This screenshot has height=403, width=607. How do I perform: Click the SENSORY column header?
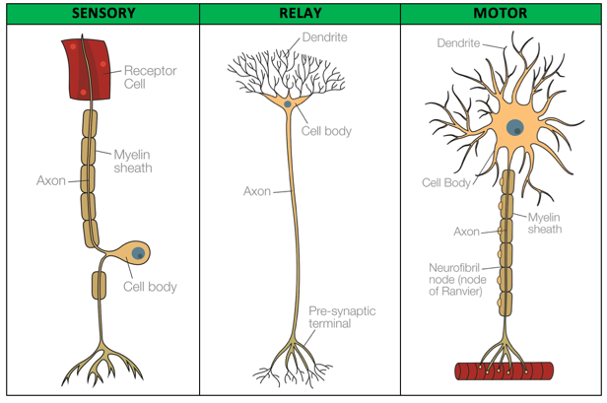[103, 13]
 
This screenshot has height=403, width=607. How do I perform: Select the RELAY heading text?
[301, 13]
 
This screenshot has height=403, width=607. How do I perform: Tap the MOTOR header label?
[501, 13]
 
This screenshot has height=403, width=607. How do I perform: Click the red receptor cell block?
[86, 69]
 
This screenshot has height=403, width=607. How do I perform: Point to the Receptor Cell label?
[150, 77]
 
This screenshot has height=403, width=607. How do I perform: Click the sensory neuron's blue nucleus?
[138, 253]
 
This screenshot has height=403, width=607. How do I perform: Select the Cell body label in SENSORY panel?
[150, 287]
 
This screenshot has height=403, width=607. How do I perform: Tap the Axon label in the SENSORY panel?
[51, 180]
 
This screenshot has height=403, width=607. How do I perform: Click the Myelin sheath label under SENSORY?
[133, 161]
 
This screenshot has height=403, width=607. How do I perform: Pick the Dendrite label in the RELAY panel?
[325, 37]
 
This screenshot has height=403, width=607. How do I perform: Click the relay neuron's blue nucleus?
[288, 103]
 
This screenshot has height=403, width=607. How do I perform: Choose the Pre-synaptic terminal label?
[342, 317]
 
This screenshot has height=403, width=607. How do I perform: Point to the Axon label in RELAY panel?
[257, 191]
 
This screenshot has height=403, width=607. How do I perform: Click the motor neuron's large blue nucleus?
[514, 127]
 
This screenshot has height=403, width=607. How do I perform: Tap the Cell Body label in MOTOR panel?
[446, 182]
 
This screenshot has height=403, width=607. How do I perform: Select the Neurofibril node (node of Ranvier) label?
[457, 279]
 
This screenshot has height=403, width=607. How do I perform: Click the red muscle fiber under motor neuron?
[505, 370]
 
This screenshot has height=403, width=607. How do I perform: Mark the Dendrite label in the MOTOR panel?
[458, 43]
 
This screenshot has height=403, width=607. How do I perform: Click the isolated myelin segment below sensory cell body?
[99, 286]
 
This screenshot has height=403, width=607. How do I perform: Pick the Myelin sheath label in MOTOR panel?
[545, 223]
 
